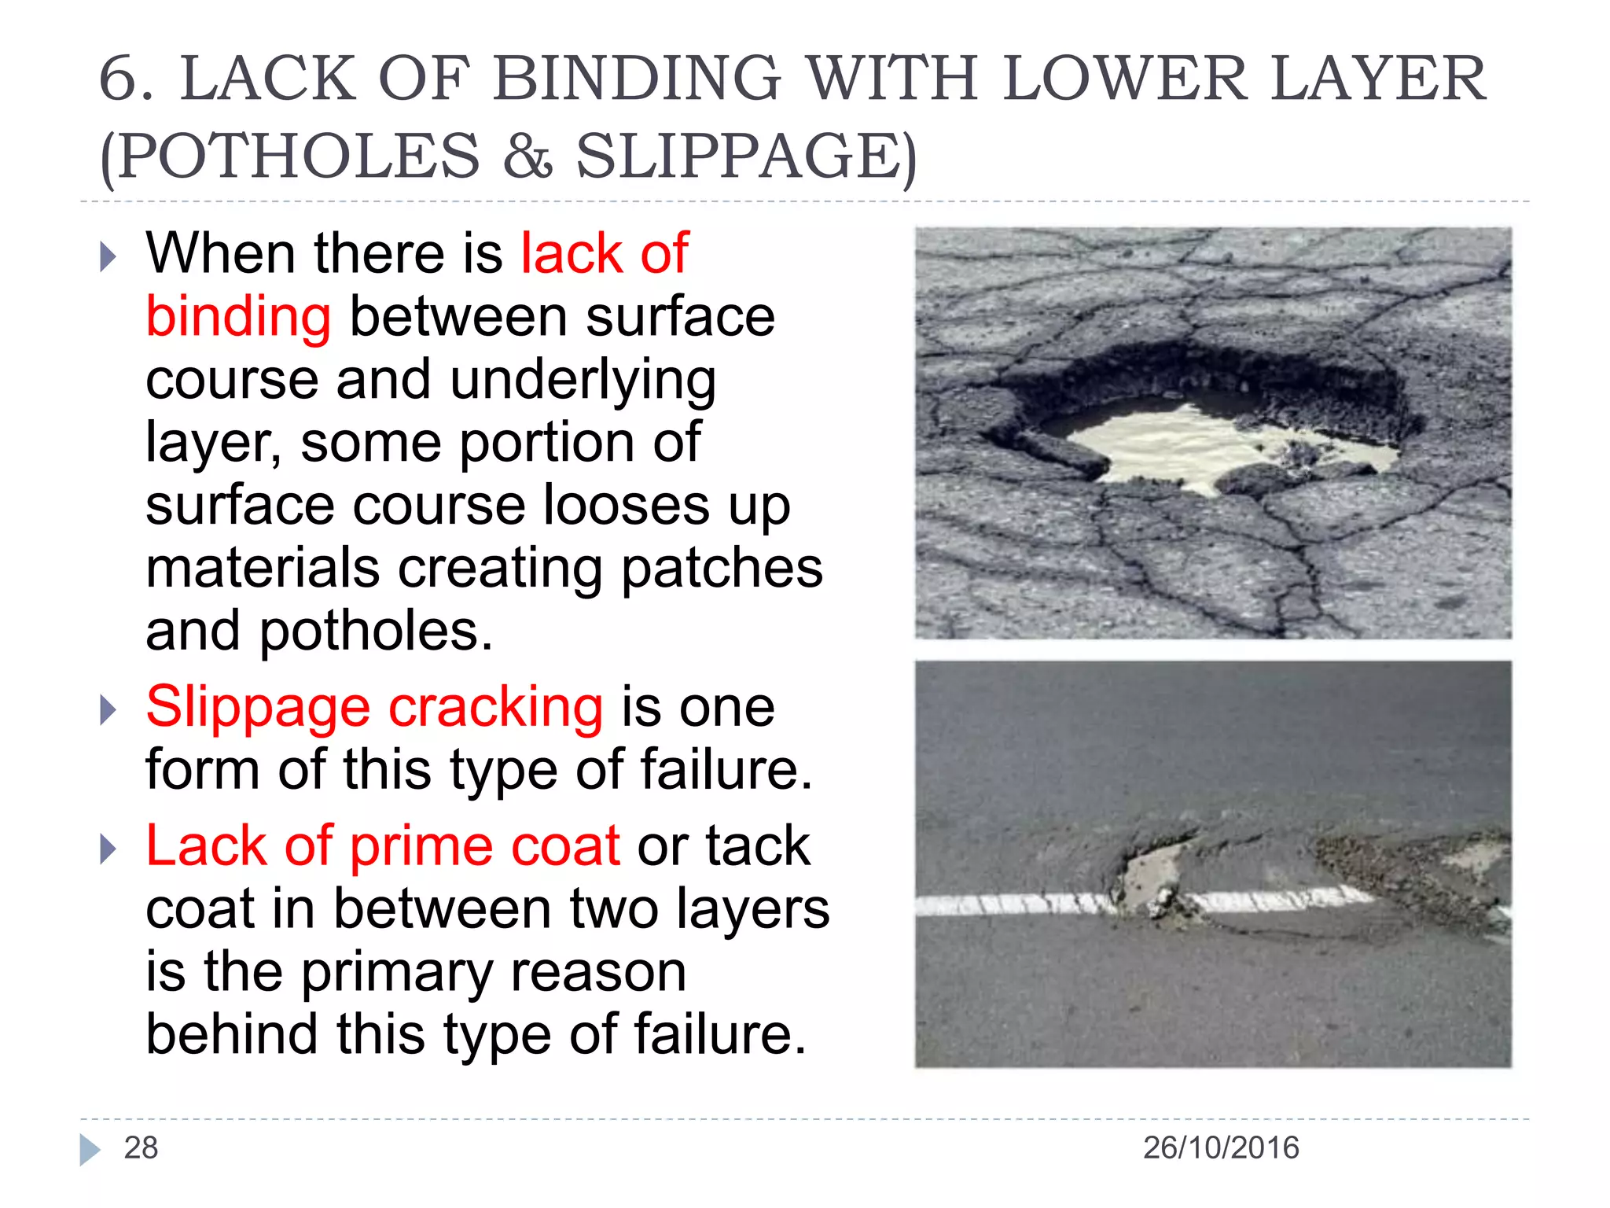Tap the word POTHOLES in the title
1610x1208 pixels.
pos(298,156)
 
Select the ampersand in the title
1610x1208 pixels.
pos(527,156)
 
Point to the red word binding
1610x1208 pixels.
pos(238,317)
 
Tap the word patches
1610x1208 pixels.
pos(722,569)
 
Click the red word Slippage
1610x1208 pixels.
pos(257,707)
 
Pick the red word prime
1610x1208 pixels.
pos(421,846)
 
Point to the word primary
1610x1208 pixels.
pos(494,972)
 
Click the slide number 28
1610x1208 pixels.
pos(141,1147)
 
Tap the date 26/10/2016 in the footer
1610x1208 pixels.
pos(1220,1147)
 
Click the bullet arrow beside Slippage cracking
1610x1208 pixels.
pos(108,710)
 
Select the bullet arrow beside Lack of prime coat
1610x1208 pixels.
pos(108,849)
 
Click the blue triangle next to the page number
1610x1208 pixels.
pos(90,1149)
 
